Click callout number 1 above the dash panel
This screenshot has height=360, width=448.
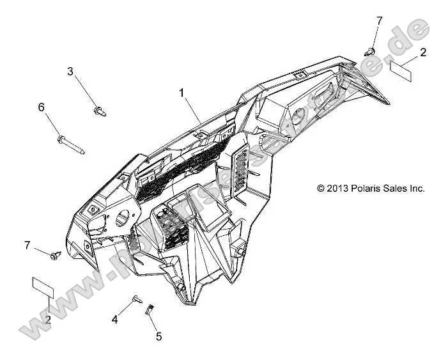click(182, 93)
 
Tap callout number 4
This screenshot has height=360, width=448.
click(115, 319)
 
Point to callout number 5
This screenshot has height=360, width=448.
click(158, 335)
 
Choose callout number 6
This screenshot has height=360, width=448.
click(42, 107)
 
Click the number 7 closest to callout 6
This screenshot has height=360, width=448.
click(27, 245)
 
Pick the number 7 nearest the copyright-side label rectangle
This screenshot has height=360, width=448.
click(379, 21)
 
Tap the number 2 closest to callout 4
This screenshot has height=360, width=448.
click(48, 320)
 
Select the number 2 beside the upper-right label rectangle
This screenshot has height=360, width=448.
click(423, 51)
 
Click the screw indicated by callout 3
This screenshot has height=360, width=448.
click(100, 111)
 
